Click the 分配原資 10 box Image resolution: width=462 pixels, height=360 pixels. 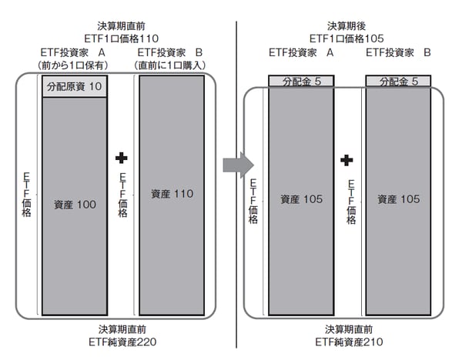(x=74, y=88)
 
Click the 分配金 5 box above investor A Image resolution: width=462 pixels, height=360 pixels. (x=297, y=82)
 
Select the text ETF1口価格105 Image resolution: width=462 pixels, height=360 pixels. (x=346, y=37)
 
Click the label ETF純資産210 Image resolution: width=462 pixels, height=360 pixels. (x=346, y=342)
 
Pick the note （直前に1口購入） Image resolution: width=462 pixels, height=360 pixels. (x=171, y=65)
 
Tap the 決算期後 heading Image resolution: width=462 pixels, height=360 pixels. (x=346, y=25)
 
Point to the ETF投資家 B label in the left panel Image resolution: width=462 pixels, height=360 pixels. (x=171, y=52)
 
